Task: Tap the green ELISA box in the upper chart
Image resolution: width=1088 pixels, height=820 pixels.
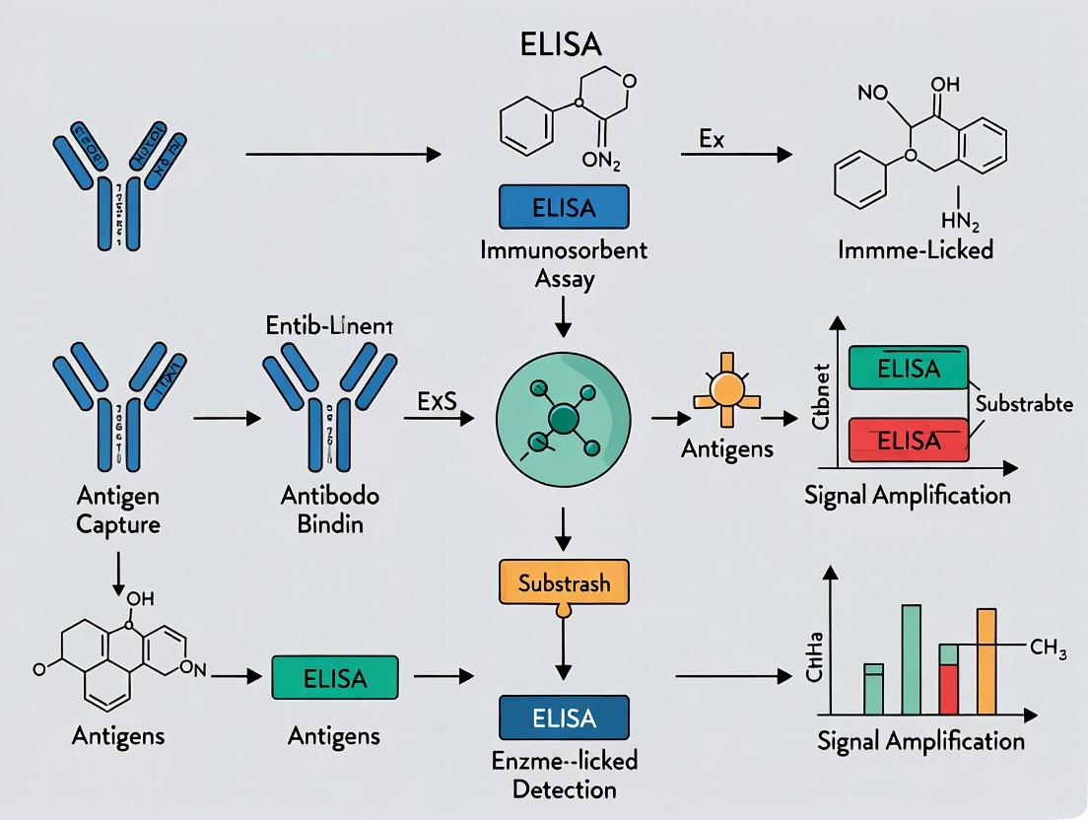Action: tap(908, 370)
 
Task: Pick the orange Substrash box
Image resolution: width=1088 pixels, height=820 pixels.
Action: tap(563, 582)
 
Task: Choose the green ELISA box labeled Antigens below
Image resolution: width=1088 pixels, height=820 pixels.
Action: tap(335, 678)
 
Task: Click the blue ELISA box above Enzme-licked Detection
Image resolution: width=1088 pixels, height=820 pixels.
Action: tap(564, 717)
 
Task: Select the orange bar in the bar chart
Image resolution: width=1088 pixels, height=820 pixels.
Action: tap(986, 661)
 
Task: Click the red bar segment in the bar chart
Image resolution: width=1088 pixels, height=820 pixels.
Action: tap(948, 689)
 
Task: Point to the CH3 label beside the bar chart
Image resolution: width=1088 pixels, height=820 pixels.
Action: tap(1048, 648)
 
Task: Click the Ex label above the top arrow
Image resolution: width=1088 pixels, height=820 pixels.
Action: tap(712, 138)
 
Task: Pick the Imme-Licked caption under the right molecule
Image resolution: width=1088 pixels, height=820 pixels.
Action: tap(914, 248)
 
